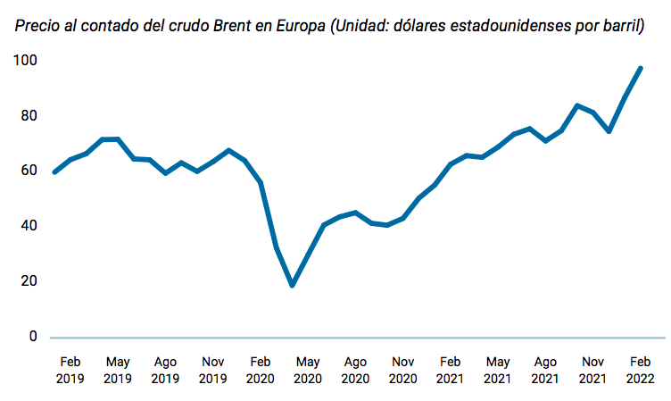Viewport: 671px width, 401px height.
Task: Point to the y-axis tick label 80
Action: tap(27, 116)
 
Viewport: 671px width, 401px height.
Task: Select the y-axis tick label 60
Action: tap(27, 171)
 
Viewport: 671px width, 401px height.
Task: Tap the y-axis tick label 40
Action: tap(27, 226)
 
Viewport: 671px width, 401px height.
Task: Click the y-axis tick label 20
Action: tap(27, 281)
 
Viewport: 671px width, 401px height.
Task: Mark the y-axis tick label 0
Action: tap(31, 337)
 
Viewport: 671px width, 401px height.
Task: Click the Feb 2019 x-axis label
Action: tap(70, 371)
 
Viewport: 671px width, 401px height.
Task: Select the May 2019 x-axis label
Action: tap(118, 371)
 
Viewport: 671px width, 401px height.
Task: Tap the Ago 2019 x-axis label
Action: tap(165, 371)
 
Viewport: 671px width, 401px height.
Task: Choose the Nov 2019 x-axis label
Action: tap(212, 371)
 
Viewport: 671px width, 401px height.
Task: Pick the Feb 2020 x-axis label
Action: tap(260, 371)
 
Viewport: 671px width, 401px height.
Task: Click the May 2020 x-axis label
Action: tap(308, 371)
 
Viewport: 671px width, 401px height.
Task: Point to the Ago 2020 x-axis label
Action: tap(355, 371)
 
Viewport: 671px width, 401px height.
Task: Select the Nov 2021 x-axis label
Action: tap(592, 371)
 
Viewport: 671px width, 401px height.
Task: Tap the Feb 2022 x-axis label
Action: tap(640, 371)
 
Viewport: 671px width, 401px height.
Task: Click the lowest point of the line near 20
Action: tap(292, 285)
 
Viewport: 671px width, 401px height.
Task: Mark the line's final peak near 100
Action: tap(640, 68)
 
